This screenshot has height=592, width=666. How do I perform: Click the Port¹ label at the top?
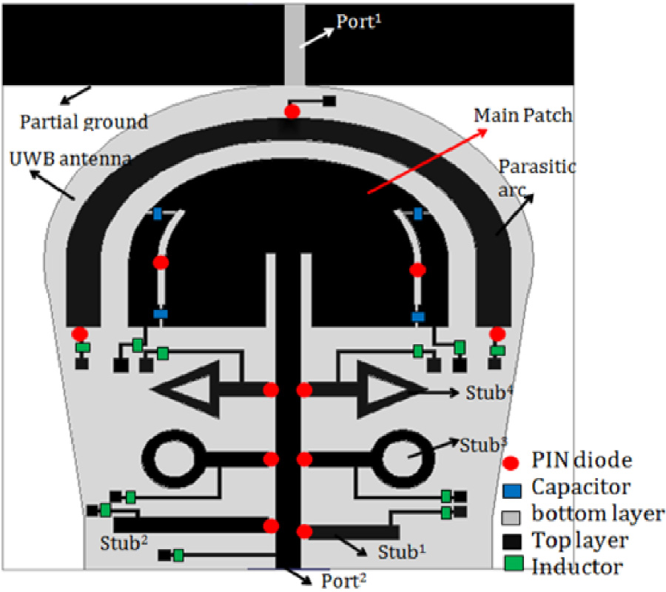[359, 21]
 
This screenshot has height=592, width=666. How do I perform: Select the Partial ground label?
[84, 121]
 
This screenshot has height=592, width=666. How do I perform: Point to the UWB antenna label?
[71, 158]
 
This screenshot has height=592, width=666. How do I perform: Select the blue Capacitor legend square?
[515, 488]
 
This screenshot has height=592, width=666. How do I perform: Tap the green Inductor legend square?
[515, 566]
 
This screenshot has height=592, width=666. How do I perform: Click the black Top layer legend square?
[515, 539]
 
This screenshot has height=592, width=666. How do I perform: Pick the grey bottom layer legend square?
[515, 514]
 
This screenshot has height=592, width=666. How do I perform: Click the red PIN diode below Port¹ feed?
[292, 112]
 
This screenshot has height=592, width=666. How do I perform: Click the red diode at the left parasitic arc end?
[81, 334]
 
